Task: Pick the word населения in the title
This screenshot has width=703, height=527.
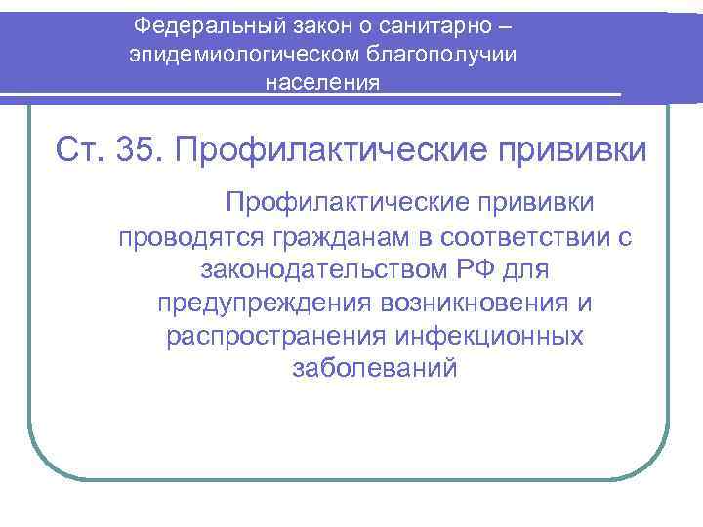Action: (x=323, y=83)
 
